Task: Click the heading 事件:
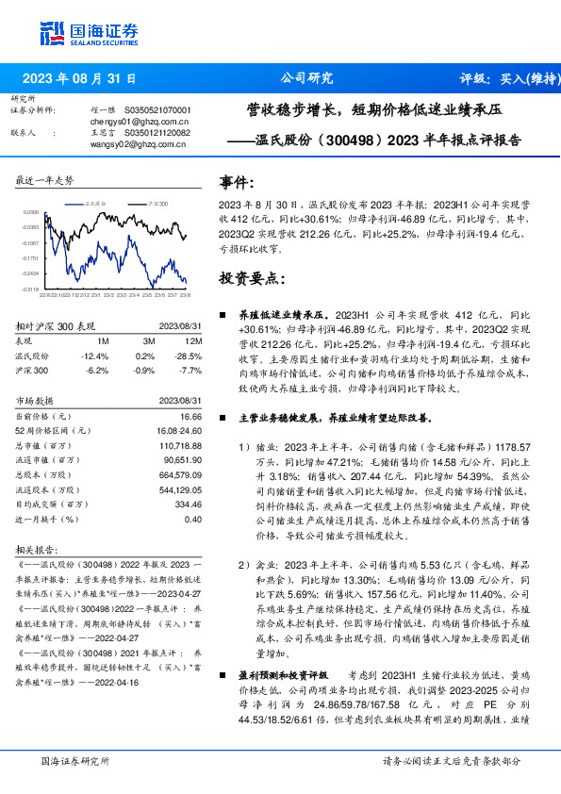[236, 182]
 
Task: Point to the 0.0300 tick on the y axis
[32, 213]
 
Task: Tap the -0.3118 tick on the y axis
[32, 289]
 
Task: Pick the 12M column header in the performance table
[195, 341]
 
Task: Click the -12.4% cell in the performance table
[96, 356]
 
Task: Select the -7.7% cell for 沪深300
[190, 371]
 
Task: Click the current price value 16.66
[190, 416]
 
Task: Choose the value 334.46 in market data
[188, 505]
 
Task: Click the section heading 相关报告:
[40, 550]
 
